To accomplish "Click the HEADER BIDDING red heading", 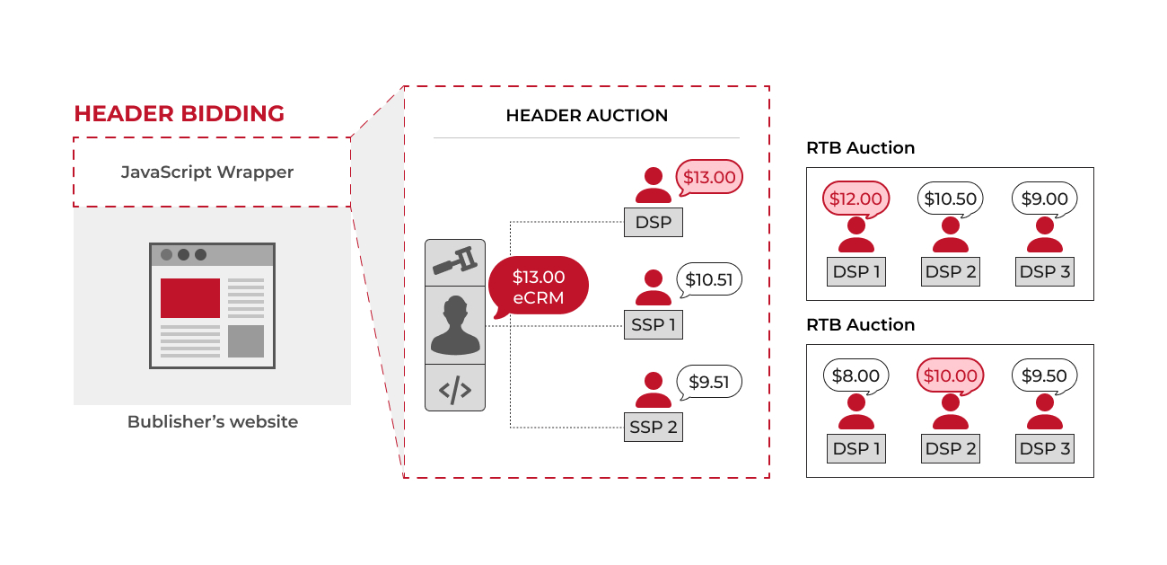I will coord(179,114).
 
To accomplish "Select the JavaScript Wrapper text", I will coord(207,172).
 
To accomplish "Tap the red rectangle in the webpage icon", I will coord(190,298).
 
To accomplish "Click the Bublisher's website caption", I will coord(213,421).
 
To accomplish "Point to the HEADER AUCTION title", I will coord(586,116).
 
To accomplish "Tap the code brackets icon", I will coord(454,389).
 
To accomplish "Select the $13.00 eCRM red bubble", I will coord(539,287).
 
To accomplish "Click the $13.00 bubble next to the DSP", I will coord(708,178).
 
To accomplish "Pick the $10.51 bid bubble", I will coord(708,279).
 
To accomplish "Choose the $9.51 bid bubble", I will coord(708,383).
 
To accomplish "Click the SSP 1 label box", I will coord(653,325).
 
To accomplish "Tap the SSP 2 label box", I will coord(653,428).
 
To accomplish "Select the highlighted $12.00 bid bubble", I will coord(856,199).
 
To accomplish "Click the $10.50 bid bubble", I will coord(951,199).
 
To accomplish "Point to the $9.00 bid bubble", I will coord(1045,199).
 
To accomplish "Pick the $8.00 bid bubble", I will coord(856,375).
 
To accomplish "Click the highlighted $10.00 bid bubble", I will coord(951,375).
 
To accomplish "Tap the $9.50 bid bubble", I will coord(1045,375).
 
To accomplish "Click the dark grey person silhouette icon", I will coord(454,325).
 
